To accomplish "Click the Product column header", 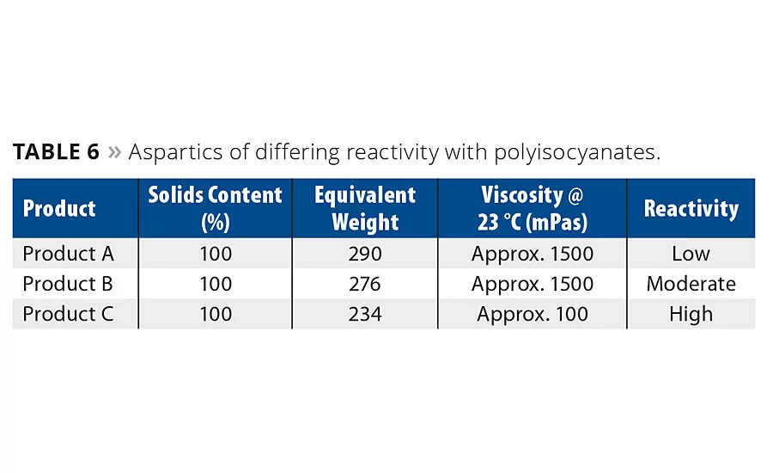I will tap(59, 209).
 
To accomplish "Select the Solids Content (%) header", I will tap(215, 208).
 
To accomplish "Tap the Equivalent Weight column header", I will tap(365, 208).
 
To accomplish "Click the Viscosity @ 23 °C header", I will tap(533, 208).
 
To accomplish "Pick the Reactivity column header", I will tap(691, 209).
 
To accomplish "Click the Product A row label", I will tap(68, 254).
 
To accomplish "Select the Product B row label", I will tap(68, 284).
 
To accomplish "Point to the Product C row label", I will tap(68, 314).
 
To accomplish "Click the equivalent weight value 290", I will tap(365, 254).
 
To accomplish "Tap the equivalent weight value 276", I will tap(365, 284).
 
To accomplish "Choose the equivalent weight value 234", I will tap(365, 314).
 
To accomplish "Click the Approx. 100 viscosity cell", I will tap(533, 314).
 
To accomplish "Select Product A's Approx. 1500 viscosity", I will tap(533, 254).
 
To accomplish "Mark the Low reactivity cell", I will tap(691, 254).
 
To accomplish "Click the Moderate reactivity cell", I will tap(691, 284).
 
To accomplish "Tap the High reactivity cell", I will tap(691, 314).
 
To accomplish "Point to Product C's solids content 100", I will tap(215, 314).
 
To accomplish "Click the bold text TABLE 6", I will tap(57, 153).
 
